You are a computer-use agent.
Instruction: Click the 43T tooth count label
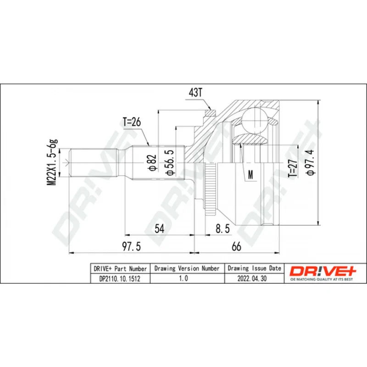coord(195,93)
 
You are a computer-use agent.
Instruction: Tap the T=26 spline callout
coord(132,122)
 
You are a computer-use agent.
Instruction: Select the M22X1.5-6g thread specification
coord(52,163)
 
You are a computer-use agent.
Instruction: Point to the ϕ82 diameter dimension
coord(152,162)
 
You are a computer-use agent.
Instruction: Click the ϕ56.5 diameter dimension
coord(170,162)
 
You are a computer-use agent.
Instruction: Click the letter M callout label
coord(250,174)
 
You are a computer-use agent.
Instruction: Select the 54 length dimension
coord(159,228)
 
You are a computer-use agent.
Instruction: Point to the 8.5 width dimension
coord(222,228)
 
